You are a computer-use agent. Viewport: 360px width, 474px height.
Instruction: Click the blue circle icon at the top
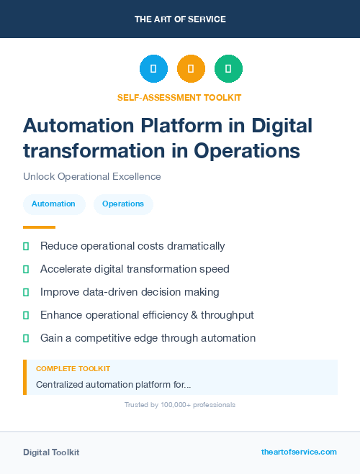pyautogui.click(x=153, y=69)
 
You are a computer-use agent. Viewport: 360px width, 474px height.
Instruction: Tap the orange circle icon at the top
pyautogui.click(x=191, y=69)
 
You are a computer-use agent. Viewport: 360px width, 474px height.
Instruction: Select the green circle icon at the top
pyautogui.click(x=228, y=69)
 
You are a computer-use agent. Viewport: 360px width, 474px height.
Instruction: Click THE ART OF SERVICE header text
pyautogui.click(x=180, y=19)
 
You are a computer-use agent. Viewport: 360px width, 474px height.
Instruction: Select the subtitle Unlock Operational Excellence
pyautogui.click(x=92, y=176)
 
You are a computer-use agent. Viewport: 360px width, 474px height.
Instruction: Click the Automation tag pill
pyautogui.click(x=54, y=204)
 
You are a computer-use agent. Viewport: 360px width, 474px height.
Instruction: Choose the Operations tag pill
pyautogui.click(x=123, y=204)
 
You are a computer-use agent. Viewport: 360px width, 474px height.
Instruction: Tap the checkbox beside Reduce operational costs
pyautogui.click(x=26, y=247)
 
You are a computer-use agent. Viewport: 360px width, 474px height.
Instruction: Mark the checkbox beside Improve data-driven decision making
pyautogui.click(x=26, y=293)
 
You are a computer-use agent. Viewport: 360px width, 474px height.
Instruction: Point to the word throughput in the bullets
pyautogui.click(x=226, y=315)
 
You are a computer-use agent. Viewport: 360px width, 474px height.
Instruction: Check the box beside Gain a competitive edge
pyautogui.click(x=26, y=339)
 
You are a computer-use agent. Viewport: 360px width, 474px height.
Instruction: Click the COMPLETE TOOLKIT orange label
pyautogui.click(x=73, y=368)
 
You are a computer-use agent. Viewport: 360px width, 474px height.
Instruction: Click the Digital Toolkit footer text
pyautogui.click(x=51, y=452)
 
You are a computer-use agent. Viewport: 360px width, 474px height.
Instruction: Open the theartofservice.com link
pyautogui.click(x=299, y=452)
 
